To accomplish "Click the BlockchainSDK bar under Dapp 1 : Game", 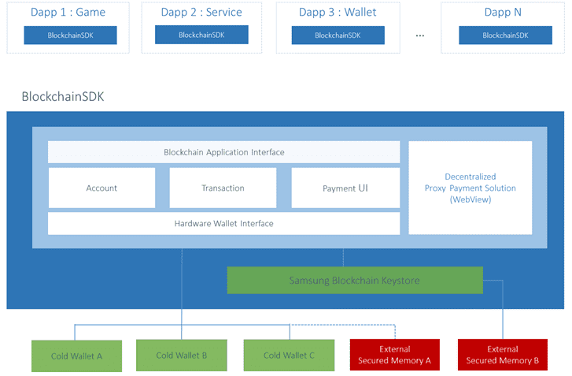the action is [x=70, y=35].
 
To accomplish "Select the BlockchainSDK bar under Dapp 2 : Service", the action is [x=201, y=35].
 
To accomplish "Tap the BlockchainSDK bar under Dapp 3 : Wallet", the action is [x=338, y=35].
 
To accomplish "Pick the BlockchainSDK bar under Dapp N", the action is [x=505, y=35].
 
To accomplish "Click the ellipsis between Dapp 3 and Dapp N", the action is [x=420, y=35].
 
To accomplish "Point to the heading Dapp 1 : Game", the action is [x=68, y=13].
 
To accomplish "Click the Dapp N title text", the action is [x=503, y=13].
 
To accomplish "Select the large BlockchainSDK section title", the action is [x=63, y=96].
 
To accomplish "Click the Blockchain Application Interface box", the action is [x=223, y=152].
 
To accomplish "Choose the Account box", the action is [x=101, y=188].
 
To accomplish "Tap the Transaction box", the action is [x=223, y=188].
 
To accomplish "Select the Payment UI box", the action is [x=345, y=188].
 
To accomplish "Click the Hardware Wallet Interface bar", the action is [x=223, y=223].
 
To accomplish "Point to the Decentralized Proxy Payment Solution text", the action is [x=471, y=188].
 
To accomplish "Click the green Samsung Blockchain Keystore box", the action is [x=355, y=281].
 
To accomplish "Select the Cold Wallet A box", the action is [x=76, y=356].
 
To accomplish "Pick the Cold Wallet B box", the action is [x=182, y=356].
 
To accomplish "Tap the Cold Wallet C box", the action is [x=289, y=356].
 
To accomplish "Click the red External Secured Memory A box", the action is [x=395, y=355].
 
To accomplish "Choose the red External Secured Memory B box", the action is [x=503, y=355].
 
